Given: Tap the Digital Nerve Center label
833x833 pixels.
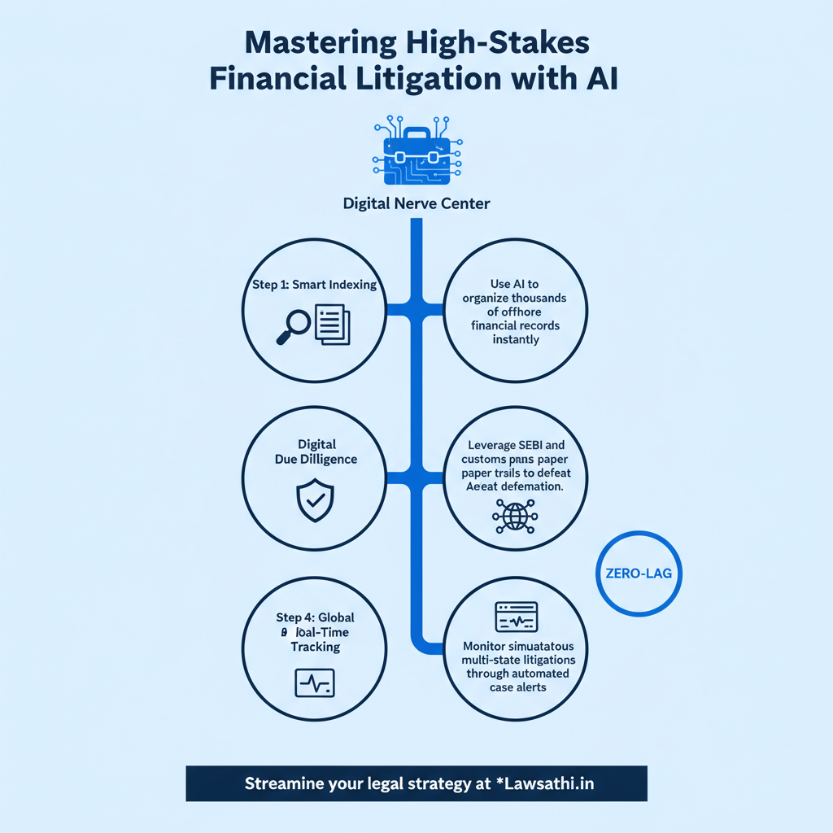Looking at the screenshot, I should point(416,203).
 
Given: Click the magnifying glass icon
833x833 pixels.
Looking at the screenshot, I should point(294,323).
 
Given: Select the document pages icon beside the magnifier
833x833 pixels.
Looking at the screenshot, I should point(331,323).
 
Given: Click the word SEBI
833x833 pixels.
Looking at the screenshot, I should point(530,445).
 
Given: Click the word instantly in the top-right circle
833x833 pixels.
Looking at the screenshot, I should point(516,339).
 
